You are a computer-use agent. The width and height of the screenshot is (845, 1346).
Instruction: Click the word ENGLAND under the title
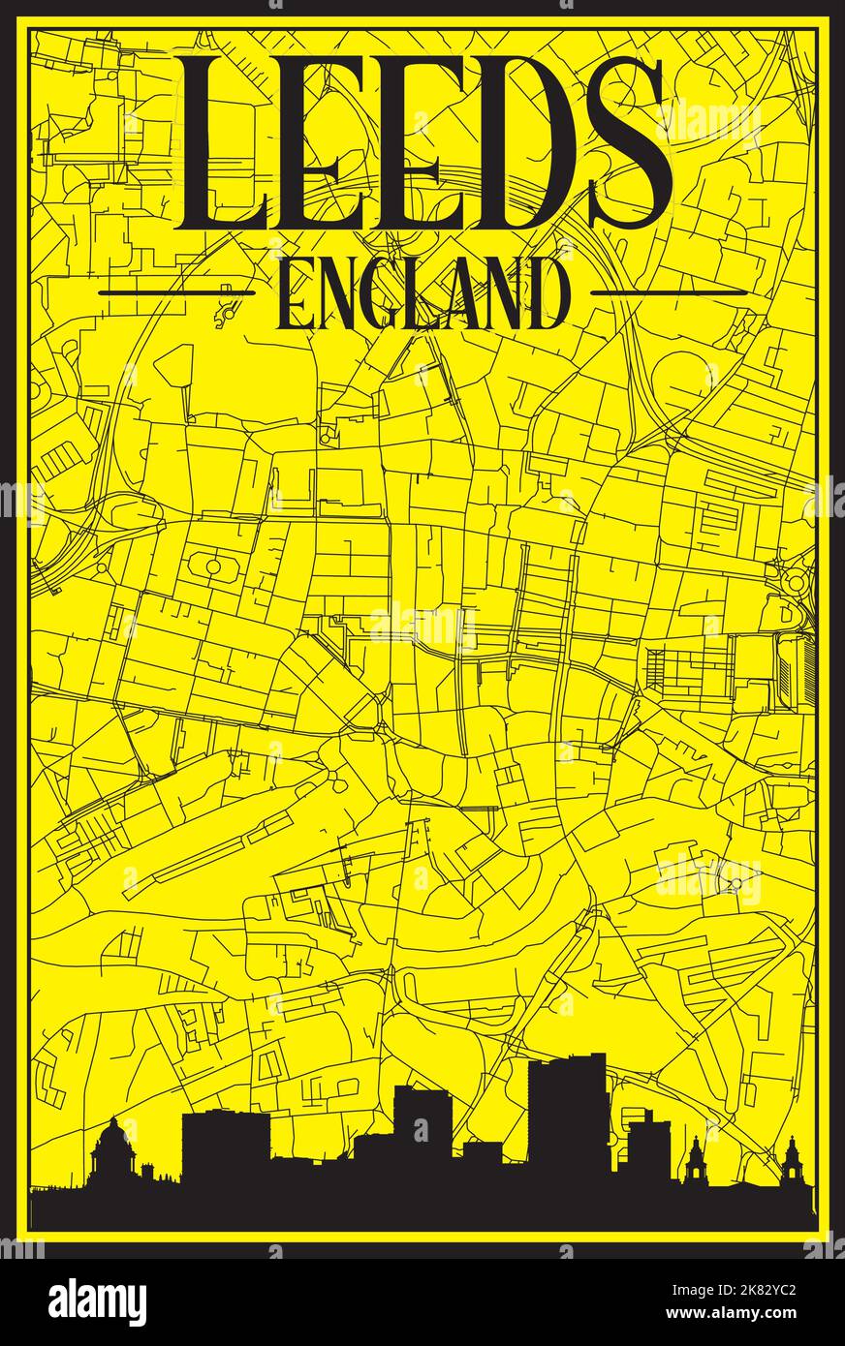[x=422, y=293]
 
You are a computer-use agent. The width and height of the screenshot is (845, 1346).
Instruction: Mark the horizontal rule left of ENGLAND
[x=177, y=291]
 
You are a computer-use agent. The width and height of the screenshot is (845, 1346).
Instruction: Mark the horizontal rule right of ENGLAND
[x=669, y=291]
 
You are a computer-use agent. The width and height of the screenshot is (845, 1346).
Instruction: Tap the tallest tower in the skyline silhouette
[x=567, y=1114]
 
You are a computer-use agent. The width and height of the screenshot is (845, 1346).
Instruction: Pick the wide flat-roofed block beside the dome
[x=226, y=1152]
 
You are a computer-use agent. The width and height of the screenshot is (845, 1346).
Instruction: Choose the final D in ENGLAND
[x=545, y=293]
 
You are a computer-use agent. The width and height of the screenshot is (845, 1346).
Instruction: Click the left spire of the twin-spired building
[x=696, y=1162]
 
